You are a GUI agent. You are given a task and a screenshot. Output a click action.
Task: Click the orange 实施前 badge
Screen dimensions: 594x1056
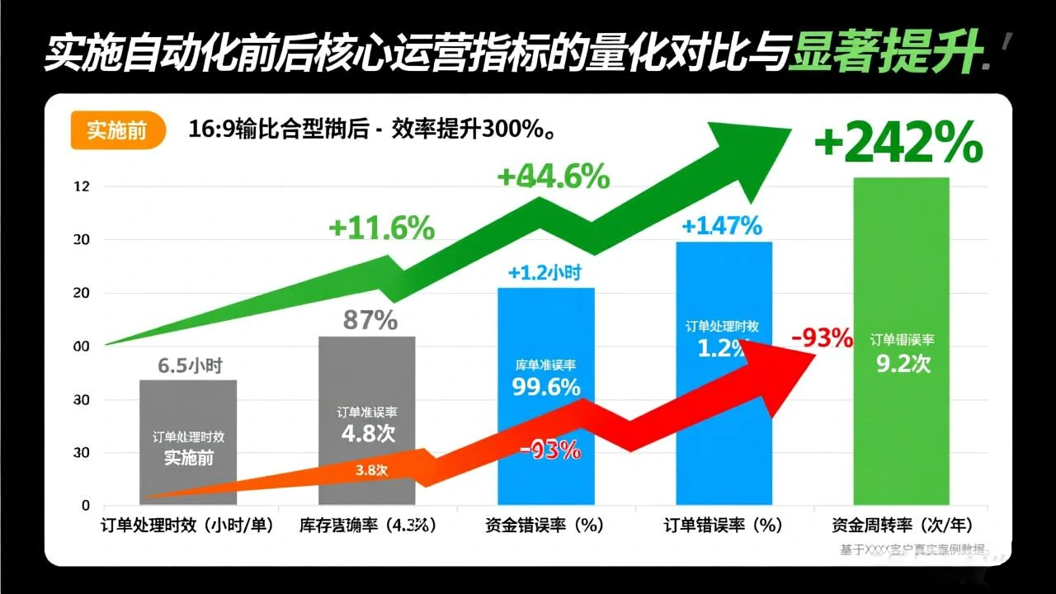116,131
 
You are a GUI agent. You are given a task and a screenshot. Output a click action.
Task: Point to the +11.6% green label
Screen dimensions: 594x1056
381,228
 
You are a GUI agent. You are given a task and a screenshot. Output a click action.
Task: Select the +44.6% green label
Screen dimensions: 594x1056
554,176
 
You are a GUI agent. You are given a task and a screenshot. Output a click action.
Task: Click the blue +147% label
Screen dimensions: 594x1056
722,225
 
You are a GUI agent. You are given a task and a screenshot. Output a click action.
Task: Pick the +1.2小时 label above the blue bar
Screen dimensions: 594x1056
544,273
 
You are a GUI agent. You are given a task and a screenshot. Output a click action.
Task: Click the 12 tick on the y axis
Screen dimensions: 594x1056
82,187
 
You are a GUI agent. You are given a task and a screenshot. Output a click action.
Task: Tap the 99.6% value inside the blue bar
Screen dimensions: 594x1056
545,386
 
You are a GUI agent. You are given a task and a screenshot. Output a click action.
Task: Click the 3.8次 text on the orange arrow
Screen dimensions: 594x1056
371,469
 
